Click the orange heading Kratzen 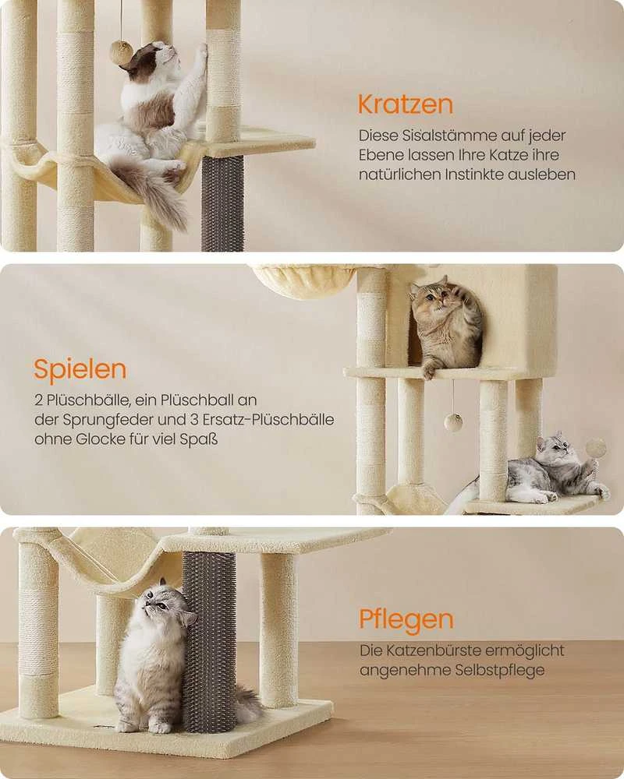click(405, 104)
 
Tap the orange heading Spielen click(80, 370)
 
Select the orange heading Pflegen click(406, 620)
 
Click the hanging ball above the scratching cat click(122, 52)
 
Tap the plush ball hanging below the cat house click(453, 422)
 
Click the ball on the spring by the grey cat click(596, 448)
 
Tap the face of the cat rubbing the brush click(159, 605)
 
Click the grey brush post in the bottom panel click(209, 641)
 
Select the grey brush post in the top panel click(222, 203)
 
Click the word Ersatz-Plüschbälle click(268, 421)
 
